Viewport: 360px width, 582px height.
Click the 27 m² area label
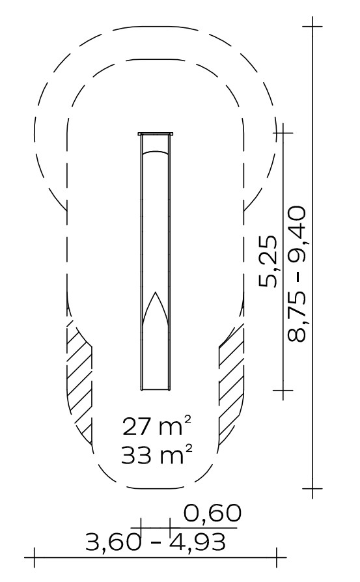pyautogui.click(x=158, y=426)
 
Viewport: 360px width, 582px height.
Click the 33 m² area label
pyautogui.click(x=158, y=454)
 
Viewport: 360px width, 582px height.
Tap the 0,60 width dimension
pyautogui.click(x=213, y=514)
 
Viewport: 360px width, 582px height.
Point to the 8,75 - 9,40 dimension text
pyautogui.click(x=297, y=274)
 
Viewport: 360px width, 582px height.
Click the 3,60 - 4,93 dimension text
pyautogui.click(x=156, y=542)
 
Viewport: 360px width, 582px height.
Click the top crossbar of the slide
pyautogui.click(x=156, y=133)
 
